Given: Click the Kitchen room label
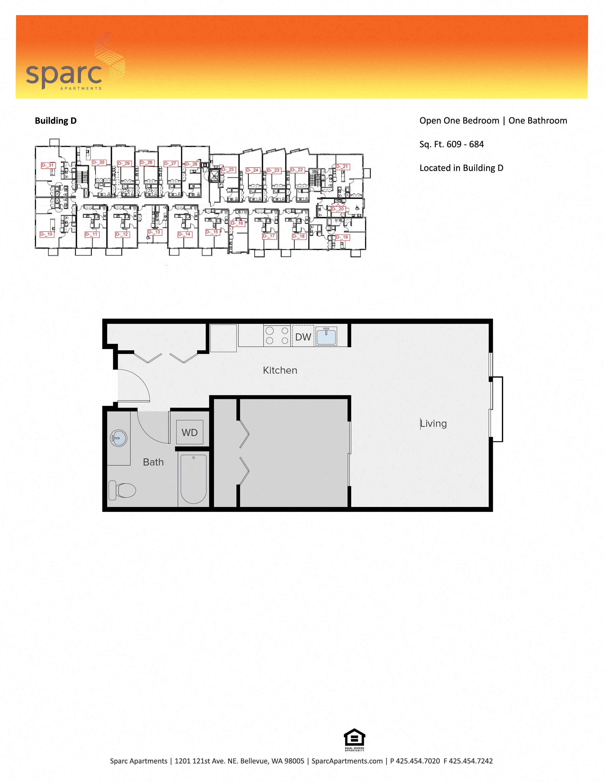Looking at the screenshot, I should tap(280, 370).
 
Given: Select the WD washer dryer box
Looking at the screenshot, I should tap(189, 432).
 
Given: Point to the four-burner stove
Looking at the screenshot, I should tap(277, 336).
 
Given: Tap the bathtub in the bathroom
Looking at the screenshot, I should tap(193, 479).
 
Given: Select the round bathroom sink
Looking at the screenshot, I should tap(118, 438).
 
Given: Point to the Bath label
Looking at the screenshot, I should tap(153, 462).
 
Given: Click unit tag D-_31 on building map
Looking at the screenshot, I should tap(48, 165).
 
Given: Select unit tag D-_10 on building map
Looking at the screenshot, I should tap(46, 234).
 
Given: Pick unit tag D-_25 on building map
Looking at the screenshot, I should tap(228, 170).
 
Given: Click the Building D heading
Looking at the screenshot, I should tap(55, 121).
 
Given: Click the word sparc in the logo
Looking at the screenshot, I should tap(64, 74).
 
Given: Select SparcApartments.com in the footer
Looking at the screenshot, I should tap(347, 761).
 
